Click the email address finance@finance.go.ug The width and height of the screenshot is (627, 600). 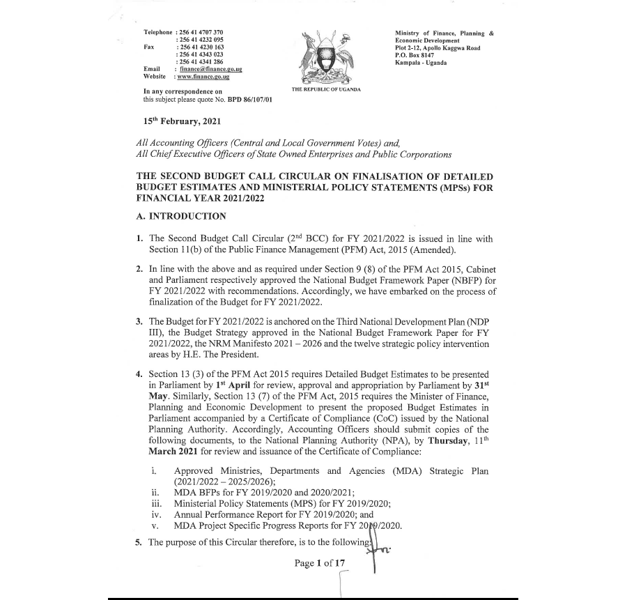tap(210, 70)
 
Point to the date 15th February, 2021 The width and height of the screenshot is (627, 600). tap(181, 121)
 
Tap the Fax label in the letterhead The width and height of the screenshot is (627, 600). tap(148, 47)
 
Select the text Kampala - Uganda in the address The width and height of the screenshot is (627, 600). tap(421, 63)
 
